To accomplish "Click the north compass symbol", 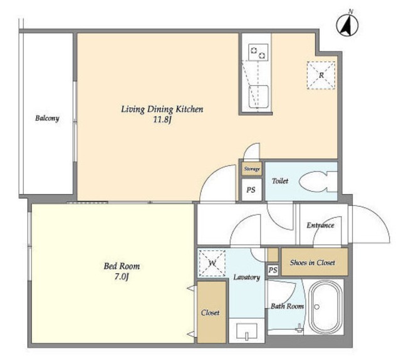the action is click(x=347, y=24).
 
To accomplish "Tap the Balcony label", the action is click(x=47, y=118).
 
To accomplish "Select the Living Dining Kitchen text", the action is click(x=162, y=110).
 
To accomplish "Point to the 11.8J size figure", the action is click(x=162, y=120).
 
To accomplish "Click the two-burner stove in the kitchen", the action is click(x=258, y=52).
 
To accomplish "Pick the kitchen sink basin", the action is click(x=259, y=96).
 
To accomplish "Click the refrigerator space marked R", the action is click(x=321, y=75).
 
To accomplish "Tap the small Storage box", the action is click(x=252, y=169).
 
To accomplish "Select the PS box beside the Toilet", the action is click(x=252, y=190).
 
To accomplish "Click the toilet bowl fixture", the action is click(x=318, y=182).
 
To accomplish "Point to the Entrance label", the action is click(x=320, y=225).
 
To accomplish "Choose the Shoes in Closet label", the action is click(x=312, y=263).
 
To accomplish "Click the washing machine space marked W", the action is click(x=212, y=263).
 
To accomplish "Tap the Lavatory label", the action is click(x=246, y=277).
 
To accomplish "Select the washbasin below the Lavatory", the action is click(x=246, y=332).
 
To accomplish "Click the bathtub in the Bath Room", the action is click(x=325, y=307).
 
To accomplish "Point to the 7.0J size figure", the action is click(x=121, y=277).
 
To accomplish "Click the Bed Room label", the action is click(x=122, y=266).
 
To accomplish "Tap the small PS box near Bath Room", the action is click(x=273, y=270).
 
